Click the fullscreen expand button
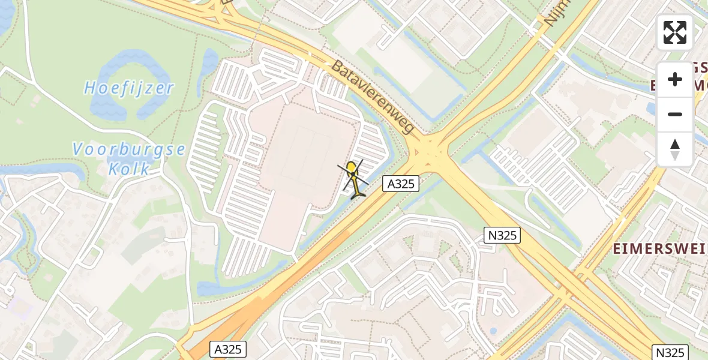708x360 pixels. [675, 32]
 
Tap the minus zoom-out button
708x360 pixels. [675, 114]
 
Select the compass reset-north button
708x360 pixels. [675, 149]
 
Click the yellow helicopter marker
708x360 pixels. [354, 178]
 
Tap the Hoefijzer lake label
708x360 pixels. [129, 89]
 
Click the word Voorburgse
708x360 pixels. [129, 149]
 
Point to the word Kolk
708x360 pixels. [129, 169]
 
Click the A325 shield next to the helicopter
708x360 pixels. [401, 184]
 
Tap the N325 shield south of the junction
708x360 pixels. [502, 235]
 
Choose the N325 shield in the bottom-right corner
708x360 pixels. [670, 352]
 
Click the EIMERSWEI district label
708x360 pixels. [658, 250]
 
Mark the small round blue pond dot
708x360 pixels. [493, 331]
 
